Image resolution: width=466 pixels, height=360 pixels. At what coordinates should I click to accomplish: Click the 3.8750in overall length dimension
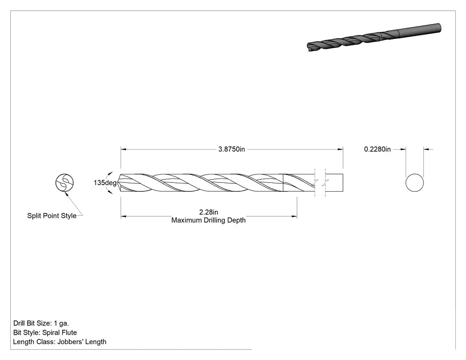pyautogui.click(x=232, y=149)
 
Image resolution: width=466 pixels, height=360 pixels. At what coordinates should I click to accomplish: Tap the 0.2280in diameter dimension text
pyautogui.click(x=377, y=149)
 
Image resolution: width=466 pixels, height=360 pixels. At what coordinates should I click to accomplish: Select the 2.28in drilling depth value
pyautogui.click(x=209, y=212)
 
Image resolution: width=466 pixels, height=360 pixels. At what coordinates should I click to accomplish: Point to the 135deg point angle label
pyautogui.click(x=105, y=183)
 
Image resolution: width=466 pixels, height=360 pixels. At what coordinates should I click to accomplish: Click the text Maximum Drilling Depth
pyautogui.click(x=209, y=220)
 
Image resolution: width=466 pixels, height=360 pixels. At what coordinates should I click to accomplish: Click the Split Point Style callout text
pyautogui.click(x=52, y=216)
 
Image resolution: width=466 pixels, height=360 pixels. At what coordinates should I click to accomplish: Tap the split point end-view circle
pyautogui.click(x=64, y=183)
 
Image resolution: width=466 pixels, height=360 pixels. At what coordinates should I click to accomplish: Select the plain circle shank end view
pyautogui.click(x=415, y=183)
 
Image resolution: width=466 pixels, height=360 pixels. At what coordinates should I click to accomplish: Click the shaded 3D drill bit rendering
pyautogui.click(x=374, y=37)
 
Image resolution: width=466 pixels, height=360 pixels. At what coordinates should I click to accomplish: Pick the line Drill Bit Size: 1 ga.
pyautogui.click(x=41, y=324)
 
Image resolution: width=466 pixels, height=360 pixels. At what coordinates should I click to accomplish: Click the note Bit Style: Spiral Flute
pyautogui.click(x=45, y=332)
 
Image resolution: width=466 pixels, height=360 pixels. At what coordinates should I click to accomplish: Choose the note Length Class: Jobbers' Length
pyautogui.click(x=60, y=342)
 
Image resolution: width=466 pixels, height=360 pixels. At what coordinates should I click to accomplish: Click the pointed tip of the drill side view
pyautogui.click(x=118, y=183)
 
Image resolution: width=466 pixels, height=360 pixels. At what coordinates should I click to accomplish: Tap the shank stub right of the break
pyautogui.click(x=334, y=183)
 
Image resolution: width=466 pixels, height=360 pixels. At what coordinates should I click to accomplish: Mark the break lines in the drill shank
pyautogui.click(x=320, y=183)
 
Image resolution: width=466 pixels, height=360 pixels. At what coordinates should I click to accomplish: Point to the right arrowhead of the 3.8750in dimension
pyautogui.click(x=340, y=149)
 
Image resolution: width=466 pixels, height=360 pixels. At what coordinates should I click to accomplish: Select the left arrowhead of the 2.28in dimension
pyautogui.click(x=124, y=217)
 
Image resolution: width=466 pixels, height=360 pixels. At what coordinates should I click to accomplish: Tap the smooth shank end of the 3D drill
pyautogui.click(x=419, y=29)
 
